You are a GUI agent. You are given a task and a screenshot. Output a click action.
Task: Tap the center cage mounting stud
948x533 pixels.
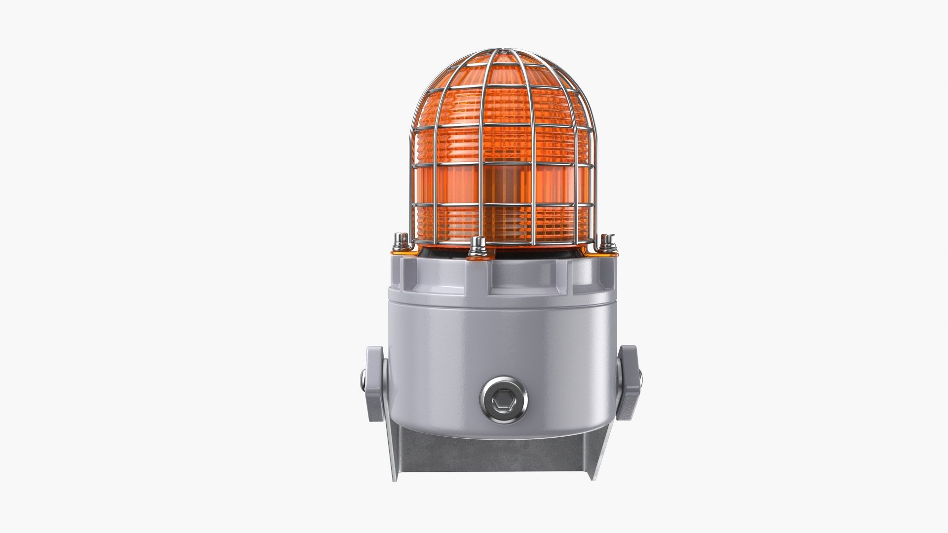tap(476, 245)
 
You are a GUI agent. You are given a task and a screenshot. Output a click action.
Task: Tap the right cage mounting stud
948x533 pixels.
tap(609, 241)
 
